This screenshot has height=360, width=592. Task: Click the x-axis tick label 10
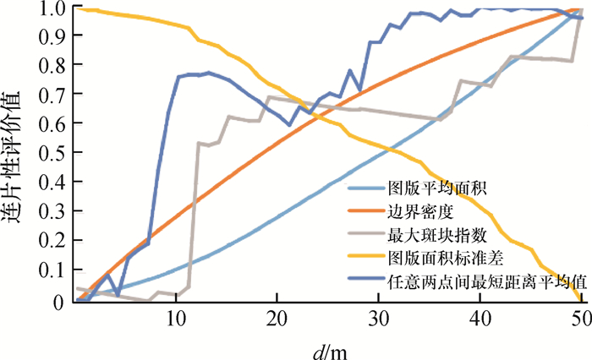click(176, 319)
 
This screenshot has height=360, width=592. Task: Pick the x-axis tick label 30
click(379, 319)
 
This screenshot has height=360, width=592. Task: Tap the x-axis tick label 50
click(580, 319)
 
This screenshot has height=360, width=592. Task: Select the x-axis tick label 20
click(277, 319)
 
